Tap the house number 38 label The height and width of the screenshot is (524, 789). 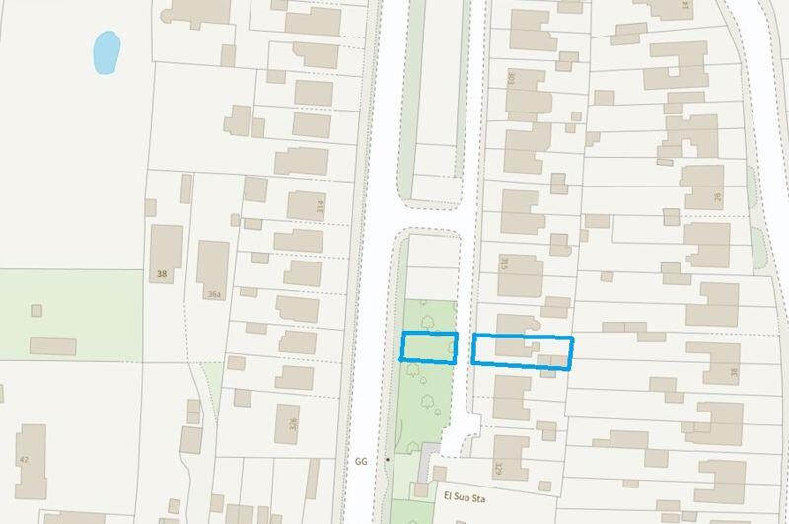[x=161, y=274]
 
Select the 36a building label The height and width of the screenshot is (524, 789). [x=215, y=294]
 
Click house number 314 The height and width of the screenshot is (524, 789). [x=320, y=207]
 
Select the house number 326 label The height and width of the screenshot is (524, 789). [x=293, y=426]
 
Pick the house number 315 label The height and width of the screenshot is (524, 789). [x=503, y=263]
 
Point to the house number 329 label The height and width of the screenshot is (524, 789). [x=499, y=468]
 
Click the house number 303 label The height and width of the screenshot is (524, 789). [x=511, y=76]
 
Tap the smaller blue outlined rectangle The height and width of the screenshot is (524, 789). [x=429, y=347]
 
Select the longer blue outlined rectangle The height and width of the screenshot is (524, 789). [x=522, y=351]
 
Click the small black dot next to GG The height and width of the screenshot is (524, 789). [x=388, y=461]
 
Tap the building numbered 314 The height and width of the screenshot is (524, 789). [x=301, y=206]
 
